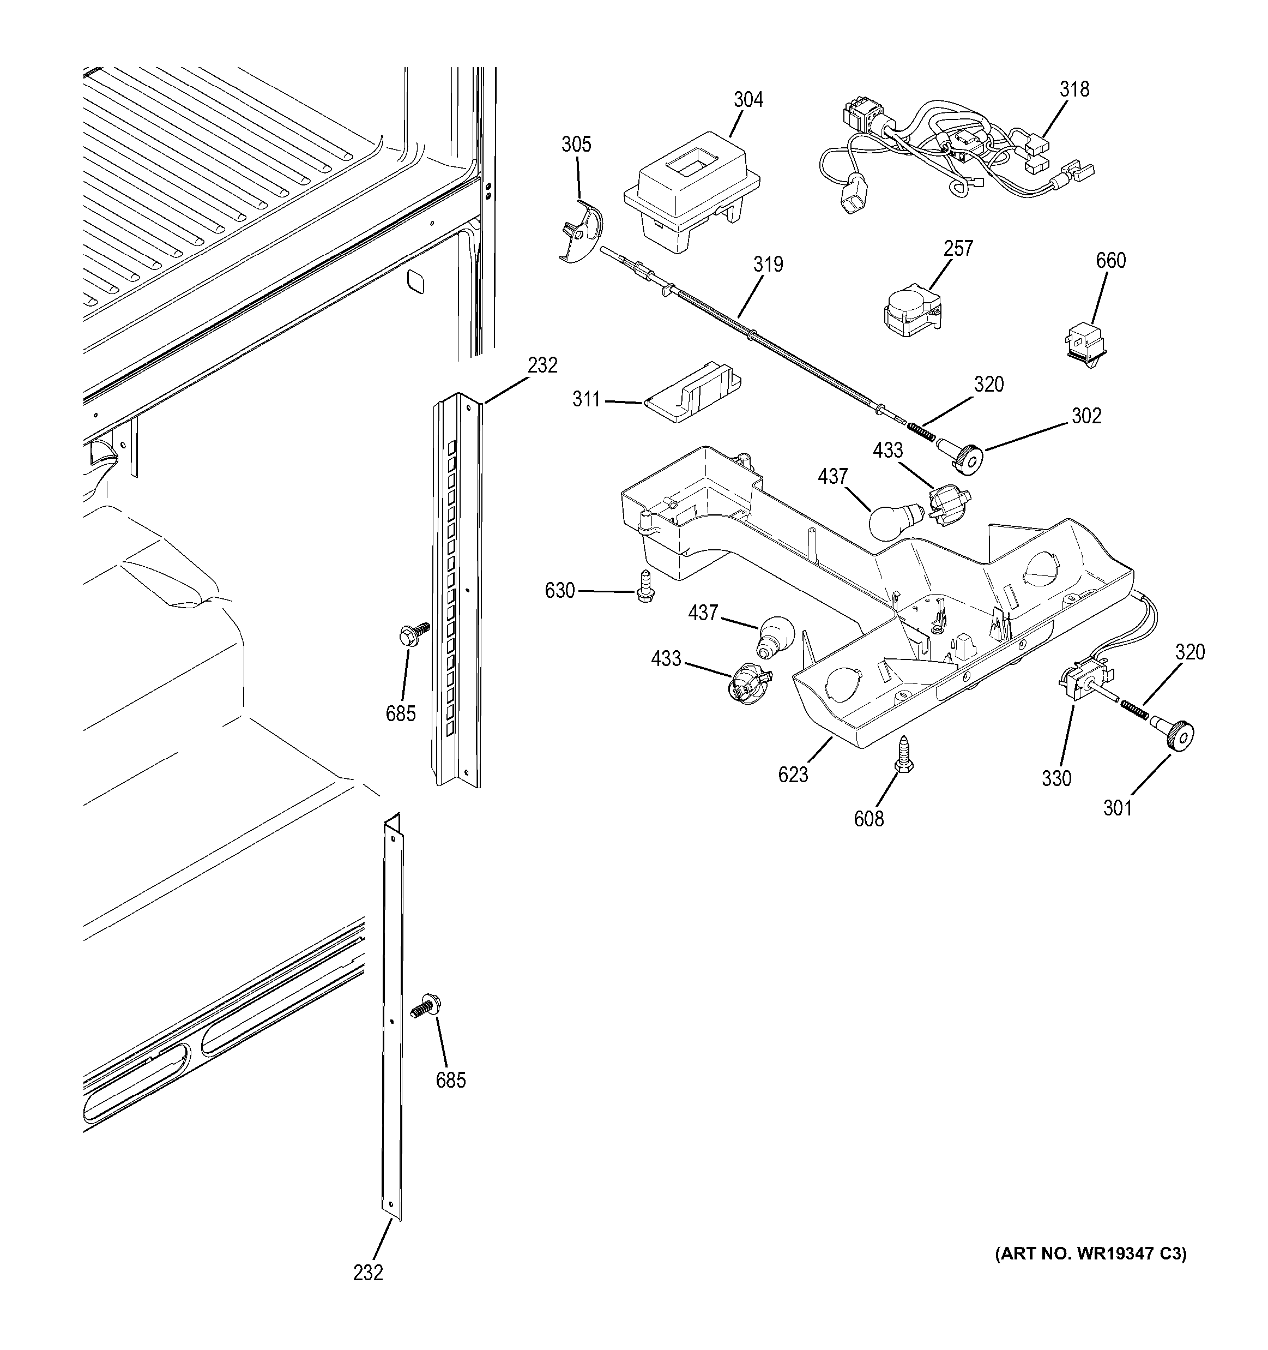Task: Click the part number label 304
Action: [x=748, y=100]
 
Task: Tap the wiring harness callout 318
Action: [x=1074, y=89]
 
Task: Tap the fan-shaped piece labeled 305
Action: [x=582, y=232]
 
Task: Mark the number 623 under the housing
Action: [x=793, y=774]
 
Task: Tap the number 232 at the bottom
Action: [x=368, y=1273]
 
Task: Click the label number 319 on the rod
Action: [x=768, y=264]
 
